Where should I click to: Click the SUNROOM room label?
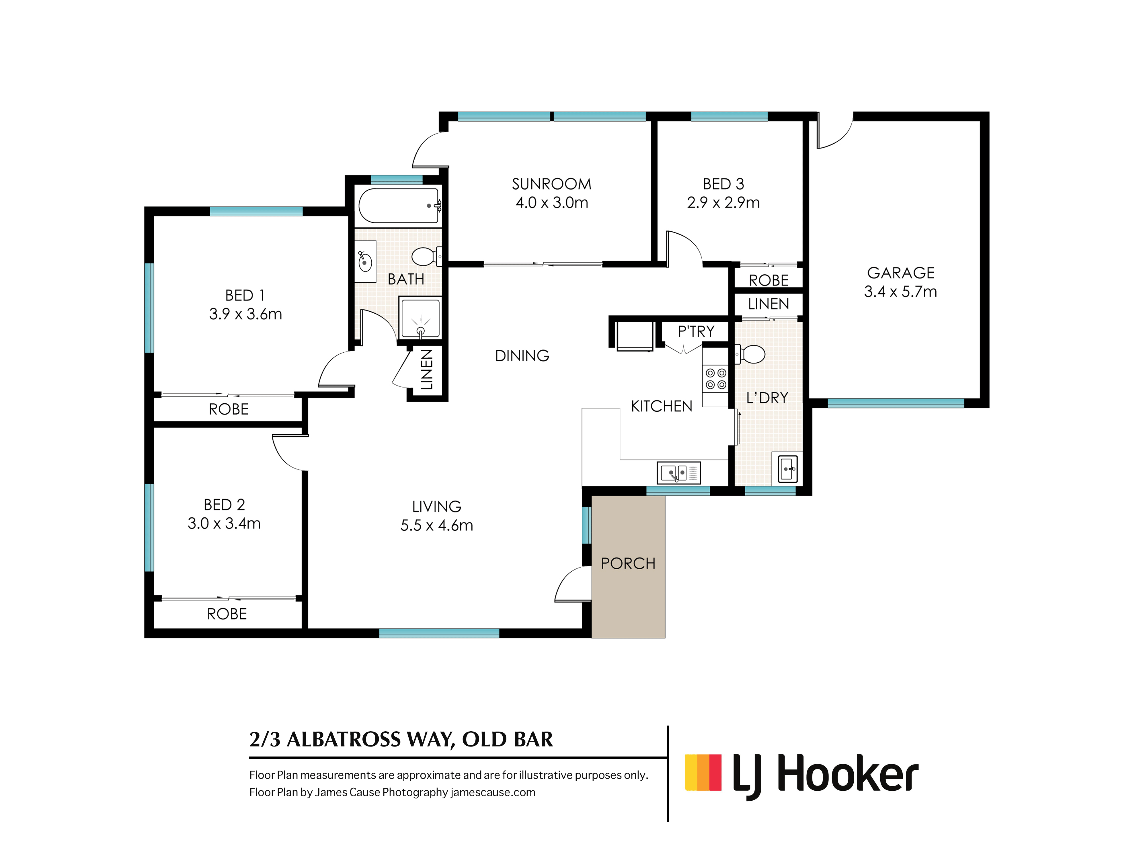[551, 184]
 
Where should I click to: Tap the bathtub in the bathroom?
[398, 206]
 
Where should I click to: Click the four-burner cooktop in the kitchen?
[715, 378]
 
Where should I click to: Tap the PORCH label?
[628, 564]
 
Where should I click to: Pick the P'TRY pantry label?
[696, 331]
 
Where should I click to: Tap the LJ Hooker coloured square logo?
[703, 772]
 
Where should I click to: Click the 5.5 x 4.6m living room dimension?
[437, 526]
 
